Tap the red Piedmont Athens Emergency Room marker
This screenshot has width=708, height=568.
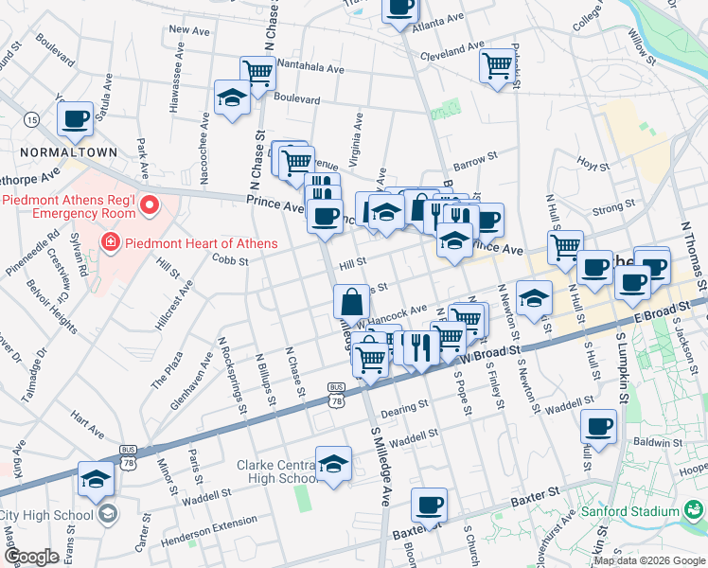click(148, 204)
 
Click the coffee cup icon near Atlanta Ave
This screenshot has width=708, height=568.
click(399, 8)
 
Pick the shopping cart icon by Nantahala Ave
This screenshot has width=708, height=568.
click(257, 72)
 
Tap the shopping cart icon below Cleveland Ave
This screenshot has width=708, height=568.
click(497, 67)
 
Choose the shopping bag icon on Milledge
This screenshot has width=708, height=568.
click(351, 303)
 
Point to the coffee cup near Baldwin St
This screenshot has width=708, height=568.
click(600, 426)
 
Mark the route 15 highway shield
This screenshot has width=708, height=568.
click(32, 120)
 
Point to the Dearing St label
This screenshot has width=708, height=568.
click(405, 413)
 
